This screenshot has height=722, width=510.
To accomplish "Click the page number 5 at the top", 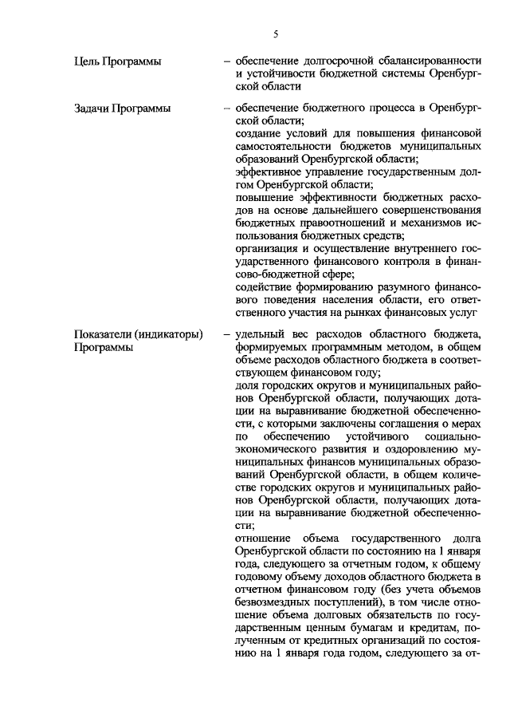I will pyautogui.click(x=276, y=34).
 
